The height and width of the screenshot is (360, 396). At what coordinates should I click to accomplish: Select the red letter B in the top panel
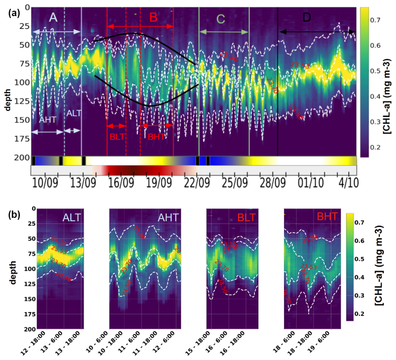[x=153, y=18]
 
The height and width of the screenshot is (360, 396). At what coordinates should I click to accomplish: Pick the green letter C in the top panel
[x=221, y=19]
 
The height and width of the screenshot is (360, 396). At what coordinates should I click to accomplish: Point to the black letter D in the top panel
[x=306, y=17]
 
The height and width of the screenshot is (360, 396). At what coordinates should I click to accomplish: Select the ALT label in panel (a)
[x=74, y=113]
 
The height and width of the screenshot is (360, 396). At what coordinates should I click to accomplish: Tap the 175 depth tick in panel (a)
[x=22, y=138]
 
